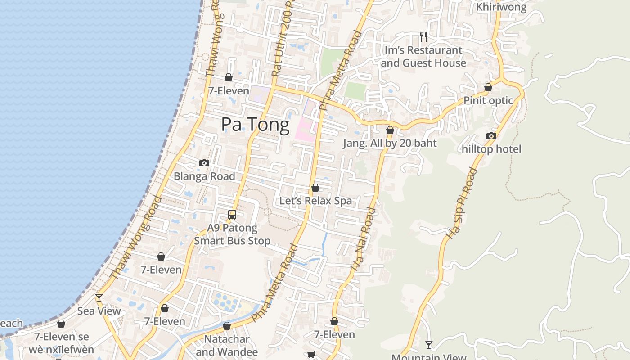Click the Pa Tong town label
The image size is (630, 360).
[x=255, y=124]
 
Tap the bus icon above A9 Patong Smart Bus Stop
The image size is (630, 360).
[x=232, y=215]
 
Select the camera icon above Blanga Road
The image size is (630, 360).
[x=204, y=163]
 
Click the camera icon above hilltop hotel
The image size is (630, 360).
[x=491, y=136]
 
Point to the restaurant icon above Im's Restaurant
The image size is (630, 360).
[x=423, y=37]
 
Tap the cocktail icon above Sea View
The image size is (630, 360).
[x=99, y=298]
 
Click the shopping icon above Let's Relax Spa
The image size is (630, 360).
[x=315, y=188]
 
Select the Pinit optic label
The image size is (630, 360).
[x=488, y=100]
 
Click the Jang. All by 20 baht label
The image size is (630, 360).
[x=390, y=144]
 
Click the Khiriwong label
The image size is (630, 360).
[x=501, y=7]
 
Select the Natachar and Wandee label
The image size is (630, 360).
[x=227, y=345]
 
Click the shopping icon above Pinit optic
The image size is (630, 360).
[x=488, y=87]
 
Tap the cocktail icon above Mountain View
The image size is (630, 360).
[x=429, y=345]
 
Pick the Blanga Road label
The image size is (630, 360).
[x=204, y=176]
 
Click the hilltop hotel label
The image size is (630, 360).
[x=491, y=149]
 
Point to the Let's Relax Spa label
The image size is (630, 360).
[x=315, y=201]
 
